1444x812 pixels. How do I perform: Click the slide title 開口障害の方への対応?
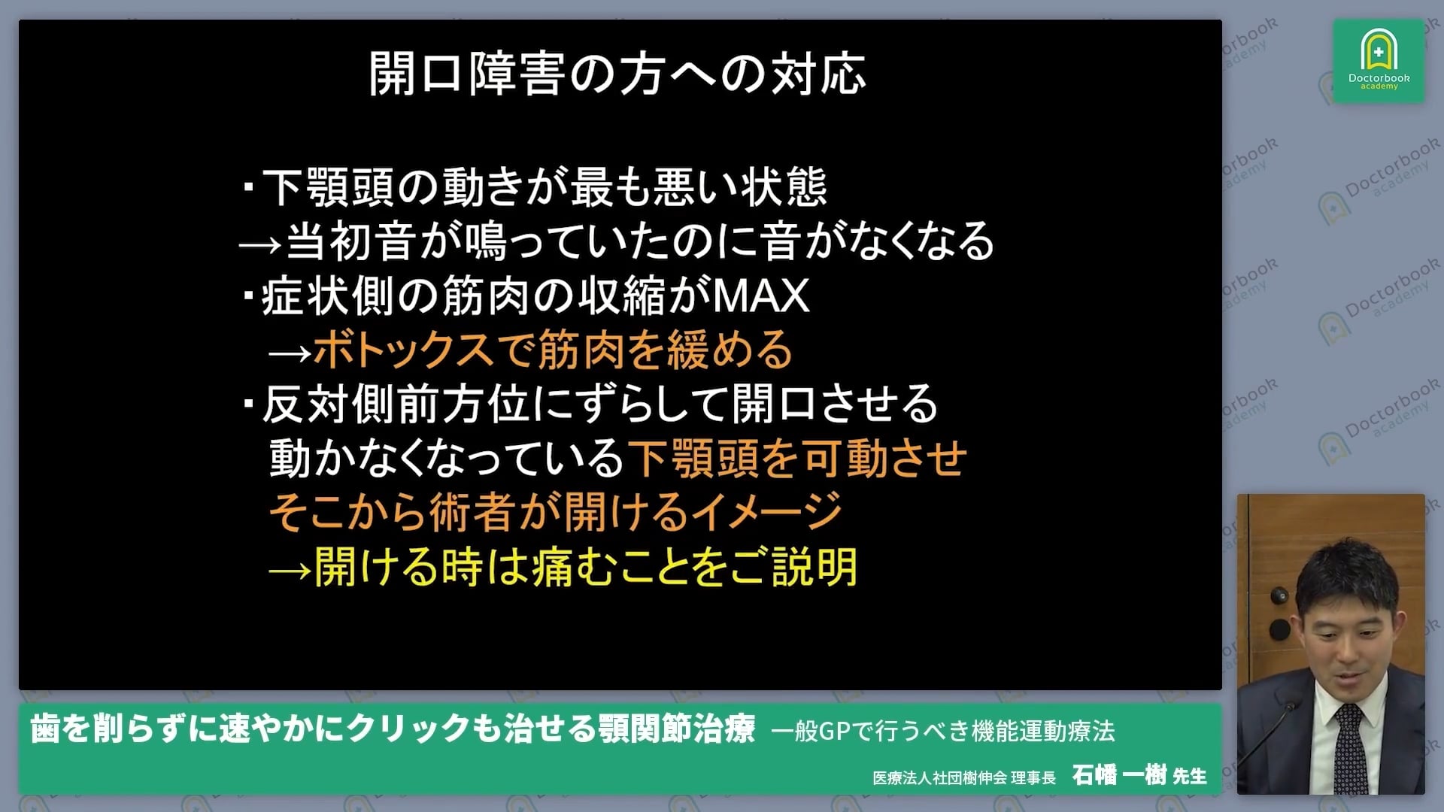coord(617,74)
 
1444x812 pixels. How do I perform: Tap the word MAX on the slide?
coord(760,295)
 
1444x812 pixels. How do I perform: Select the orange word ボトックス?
coord(402,350)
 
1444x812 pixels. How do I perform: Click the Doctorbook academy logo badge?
coord(1379,60)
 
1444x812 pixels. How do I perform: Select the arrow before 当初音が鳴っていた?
coord(260,244)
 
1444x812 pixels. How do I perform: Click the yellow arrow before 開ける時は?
coord(290,570)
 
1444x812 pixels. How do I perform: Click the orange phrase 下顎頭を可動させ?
coord(797,458)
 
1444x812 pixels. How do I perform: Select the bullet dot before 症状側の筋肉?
coord(248,293)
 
